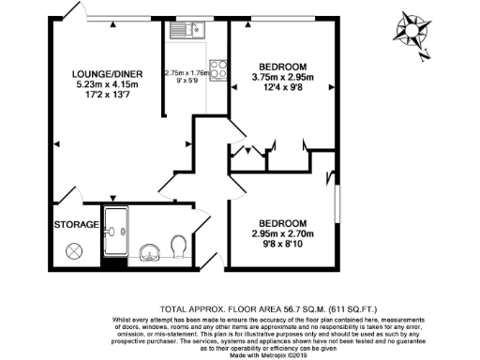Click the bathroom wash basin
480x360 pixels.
(x=147, y=251)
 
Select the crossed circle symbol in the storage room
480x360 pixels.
(x=75, y=251)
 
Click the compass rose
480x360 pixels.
(x=408, y=30)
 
